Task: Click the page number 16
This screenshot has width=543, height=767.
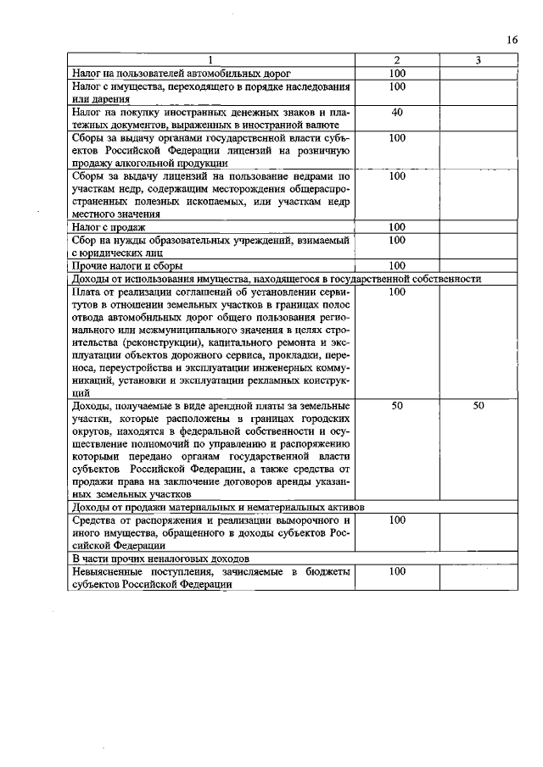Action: [x=512, y=40]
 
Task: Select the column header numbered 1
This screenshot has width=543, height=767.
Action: [x=212, y=61]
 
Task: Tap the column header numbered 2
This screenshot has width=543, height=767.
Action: [x=396, y=61]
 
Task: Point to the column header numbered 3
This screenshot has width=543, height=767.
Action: [x=479, y=61]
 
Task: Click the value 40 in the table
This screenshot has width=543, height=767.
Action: [x=396, y=112]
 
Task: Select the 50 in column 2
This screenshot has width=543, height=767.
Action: [x=396, y=406]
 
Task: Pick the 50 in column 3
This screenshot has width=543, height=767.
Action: [x=479, y=406]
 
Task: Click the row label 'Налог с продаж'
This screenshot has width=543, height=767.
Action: [x=109, y=227]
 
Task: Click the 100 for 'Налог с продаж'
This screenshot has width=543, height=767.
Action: [x=396, y=227]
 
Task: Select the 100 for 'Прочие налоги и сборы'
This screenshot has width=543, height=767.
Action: [x=396, y=266]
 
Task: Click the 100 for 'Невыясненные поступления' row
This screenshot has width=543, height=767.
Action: [x=396, y=572]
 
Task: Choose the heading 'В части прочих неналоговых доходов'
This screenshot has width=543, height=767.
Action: [x=160, y=559]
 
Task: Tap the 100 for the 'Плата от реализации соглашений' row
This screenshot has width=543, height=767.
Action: [x=396, y=292]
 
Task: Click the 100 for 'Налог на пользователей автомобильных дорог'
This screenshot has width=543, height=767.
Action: [x=396, y=74]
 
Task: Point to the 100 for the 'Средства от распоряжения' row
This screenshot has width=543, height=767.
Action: [x=396, y=520]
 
